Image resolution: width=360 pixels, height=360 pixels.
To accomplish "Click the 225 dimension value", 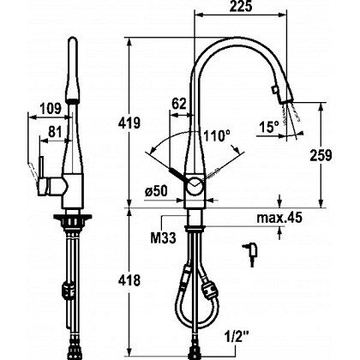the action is point(241,6).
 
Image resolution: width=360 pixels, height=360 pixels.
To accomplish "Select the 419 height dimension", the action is point(129,123).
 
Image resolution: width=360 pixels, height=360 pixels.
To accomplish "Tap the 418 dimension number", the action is point(129,280).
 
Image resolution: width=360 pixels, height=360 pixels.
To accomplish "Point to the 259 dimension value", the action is point(321,155).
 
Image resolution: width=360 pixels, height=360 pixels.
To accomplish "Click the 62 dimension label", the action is point(179,104).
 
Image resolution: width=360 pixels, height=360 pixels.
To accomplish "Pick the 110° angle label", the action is point(217,135).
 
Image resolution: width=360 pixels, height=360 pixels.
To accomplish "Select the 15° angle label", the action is point(269,127).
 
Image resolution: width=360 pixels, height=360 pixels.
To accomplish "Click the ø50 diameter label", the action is point(156,191).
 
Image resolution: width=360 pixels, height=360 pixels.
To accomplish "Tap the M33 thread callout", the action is point(163,237).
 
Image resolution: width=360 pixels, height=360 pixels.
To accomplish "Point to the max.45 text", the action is point(279,218).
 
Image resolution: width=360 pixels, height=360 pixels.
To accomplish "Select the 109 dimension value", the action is point(51,109).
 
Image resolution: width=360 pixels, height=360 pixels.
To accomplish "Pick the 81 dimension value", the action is point(55,132).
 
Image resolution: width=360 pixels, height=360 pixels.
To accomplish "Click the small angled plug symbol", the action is point(250,253).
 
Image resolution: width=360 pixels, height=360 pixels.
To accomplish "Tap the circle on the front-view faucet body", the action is point(195,186).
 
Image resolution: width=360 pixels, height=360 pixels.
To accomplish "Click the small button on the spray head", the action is point(275,90).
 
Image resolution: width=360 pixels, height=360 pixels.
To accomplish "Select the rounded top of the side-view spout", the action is point(73,40).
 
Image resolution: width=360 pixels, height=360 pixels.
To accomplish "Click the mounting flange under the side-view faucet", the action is point(73,217).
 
